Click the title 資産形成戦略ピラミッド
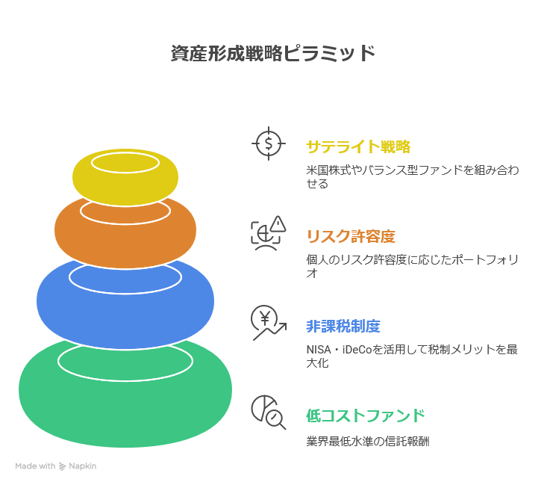tap(273, 54)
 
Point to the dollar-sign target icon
tap(268, 143)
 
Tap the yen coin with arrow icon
tap(268, 323)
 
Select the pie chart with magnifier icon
tap(268, 412)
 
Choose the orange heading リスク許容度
tap(351, 237)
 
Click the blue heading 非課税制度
tap(343, 327)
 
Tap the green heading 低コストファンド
tap(366, 416)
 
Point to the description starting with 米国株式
tap(412, 176)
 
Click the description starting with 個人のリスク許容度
tap(412, 266)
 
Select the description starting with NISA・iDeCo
tap(412, 356)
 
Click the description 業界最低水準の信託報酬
tap(367, 442)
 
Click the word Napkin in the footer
tap(83, 466)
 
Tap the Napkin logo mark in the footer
tap(62, 466)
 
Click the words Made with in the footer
tap(35, 466)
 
